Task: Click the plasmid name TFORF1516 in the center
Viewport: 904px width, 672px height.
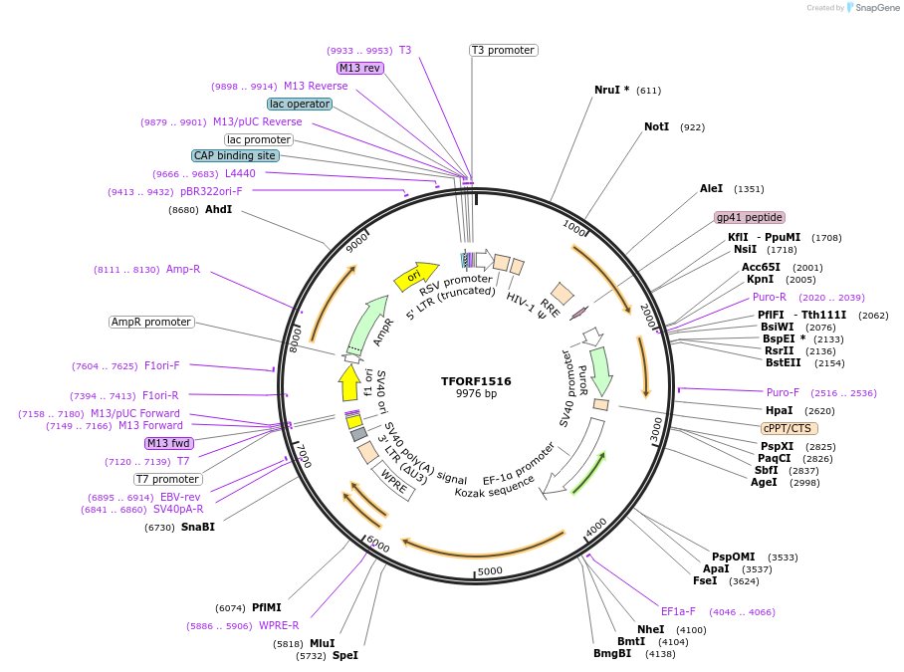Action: click(x=476, y=381)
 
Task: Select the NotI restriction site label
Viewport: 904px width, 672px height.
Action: click(x=657, y=127)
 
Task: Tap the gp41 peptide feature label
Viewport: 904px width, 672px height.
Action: click(x=750, y=217)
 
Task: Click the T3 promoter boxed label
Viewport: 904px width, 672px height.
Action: click(x=504, y=50)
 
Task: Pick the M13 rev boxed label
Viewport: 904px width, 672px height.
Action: click(x=359, y=68)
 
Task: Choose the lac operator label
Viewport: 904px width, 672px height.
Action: click(x=300, y=104)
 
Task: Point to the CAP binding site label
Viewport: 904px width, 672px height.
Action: click(x=235, y=155)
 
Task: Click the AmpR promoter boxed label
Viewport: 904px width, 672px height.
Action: click(x=151, y=322)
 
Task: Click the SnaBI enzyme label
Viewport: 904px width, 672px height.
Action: click(x=198, y=527)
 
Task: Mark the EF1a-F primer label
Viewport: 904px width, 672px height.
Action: click(x=678, y=611)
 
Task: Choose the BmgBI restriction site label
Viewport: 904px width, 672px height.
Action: click(x=612, y=653)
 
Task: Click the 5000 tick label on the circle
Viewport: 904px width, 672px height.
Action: click(x=489, y=571)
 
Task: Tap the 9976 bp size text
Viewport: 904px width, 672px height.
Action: click(x=476, y=394)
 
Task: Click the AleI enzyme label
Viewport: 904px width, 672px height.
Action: click(x=711, y=188)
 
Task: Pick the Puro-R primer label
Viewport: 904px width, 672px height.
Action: click(x=770, y=297)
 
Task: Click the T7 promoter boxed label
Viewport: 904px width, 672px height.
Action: click(x=168, y=479)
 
